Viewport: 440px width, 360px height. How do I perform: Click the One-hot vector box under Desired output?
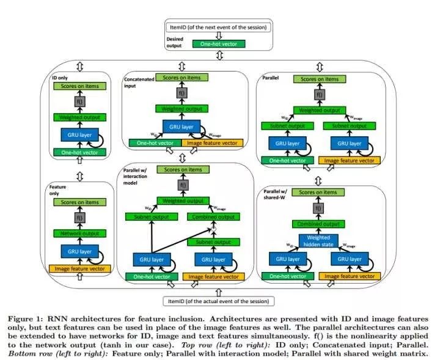tap(219, 43)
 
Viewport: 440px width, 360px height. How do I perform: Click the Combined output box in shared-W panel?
tap(317, 224)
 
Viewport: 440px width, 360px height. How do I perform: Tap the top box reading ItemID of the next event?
tap(218, 28)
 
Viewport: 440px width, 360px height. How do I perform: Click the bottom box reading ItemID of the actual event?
tap(218, 301)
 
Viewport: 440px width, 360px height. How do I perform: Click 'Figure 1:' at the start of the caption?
tap(26, 318)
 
